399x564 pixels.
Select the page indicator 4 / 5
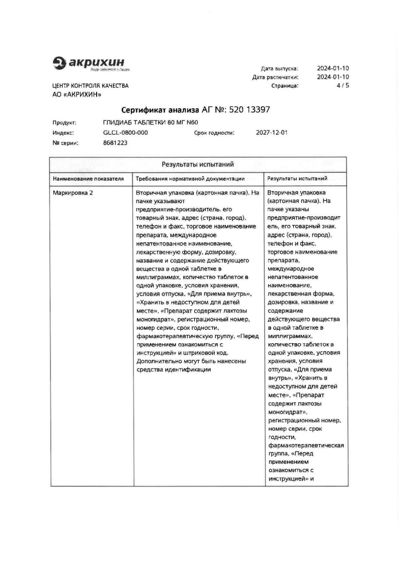point(343,85)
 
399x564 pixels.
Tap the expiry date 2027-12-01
point(272,133)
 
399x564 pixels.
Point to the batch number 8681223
point(115,143)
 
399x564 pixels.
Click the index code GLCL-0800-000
point(125,133)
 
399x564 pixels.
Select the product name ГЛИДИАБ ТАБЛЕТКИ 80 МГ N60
point(151,122)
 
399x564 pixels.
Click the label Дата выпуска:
point(279,69)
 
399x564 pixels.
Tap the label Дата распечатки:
point(275,77)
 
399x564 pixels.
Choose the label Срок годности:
point(214,133)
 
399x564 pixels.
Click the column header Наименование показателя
point(88,179)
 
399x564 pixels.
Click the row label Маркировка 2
point(73,193)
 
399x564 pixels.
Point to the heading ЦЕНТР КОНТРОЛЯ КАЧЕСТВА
point(90,86)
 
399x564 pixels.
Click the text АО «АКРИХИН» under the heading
point(77,94)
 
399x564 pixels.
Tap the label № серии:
point(66,143)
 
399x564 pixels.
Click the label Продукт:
point(64,123)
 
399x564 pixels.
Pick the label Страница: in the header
point(285,86)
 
